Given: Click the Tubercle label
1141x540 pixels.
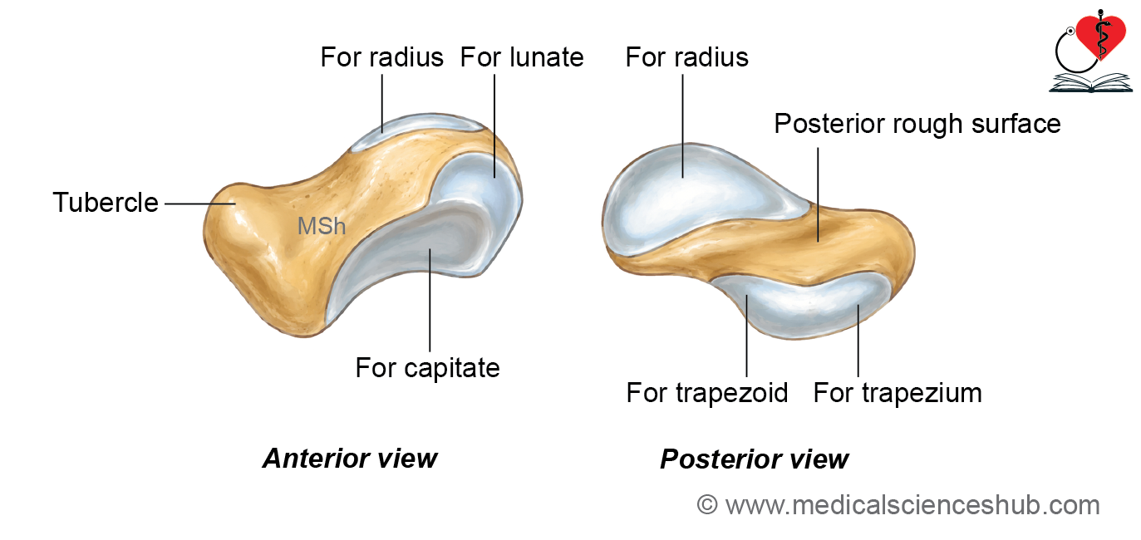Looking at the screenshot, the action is tap(106, 202).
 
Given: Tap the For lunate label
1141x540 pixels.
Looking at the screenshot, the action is tap(522, 57).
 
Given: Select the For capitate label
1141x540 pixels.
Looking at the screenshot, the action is tap(427, 368).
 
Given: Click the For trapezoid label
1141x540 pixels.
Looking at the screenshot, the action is tap(707, 393).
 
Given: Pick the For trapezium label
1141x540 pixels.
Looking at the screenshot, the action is tap(898, 393).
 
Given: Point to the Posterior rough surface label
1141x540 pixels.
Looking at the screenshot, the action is tap(917, 124).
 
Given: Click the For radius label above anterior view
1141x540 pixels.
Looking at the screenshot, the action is tap(381, 57).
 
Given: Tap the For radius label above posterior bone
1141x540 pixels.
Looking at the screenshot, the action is tap(686, 57).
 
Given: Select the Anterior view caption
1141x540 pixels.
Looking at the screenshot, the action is tap(350, 459).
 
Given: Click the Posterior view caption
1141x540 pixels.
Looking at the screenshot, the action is tap(755, 459).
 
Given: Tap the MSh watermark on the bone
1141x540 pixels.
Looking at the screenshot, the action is tap(322, 226).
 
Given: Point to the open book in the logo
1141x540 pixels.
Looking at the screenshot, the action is tap(1090, 83).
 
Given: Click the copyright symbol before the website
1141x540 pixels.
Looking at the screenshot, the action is tap(707, 505).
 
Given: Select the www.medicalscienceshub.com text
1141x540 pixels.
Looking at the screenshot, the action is tap(912, 505).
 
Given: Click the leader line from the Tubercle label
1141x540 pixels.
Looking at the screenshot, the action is tap(200, 204).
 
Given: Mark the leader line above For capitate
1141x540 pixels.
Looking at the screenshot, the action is tap(430, 300).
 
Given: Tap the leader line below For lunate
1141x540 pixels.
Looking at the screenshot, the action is tap(494, 125).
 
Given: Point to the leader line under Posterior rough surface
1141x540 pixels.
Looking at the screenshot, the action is tap(818, 194).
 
